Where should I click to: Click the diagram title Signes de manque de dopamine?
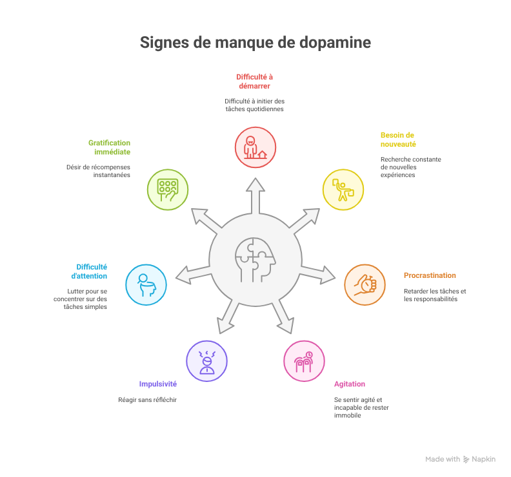click(255, 43)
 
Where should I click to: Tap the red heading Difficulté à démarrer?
click(254, 80)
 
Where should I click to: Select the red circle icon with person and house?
click(255, 147)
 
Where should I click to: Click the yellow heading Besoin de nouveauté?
click(397, 139)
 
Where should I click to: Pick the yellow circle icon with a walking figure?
click(343, 189)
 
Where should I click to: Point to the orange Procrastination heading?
click(430, 275)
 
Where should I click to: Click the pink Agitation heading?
click(350, 384)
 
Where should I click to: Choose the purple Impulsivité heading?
click(157, 383)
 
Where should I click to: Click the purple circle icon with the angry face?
click(206, 361)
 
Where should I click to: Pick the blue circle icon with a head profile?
click(146, 284)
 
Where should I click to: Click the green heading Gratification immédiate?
click(109, 147)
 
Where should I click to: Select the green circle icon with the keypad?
click(168, 189)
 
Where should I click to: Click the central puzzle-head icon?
click(255, 260)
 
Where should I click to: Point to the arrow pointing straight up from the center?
click(255, 195)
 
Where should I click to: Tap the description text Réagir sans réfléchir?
click(147, 399)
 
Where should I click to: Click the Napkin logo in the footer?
click(479, 459)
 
